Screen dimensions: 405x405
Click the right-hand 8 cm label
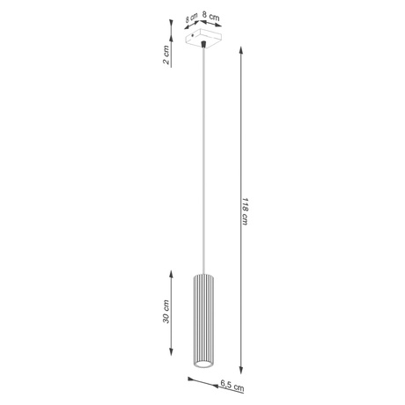coord(210,15)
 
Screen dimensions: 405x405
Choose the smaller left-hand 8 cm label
coord(191,18)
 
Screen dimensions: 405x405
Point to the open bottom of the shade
coord(202,363)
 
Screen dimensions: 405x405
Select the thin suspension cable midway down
coord(202,158)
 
